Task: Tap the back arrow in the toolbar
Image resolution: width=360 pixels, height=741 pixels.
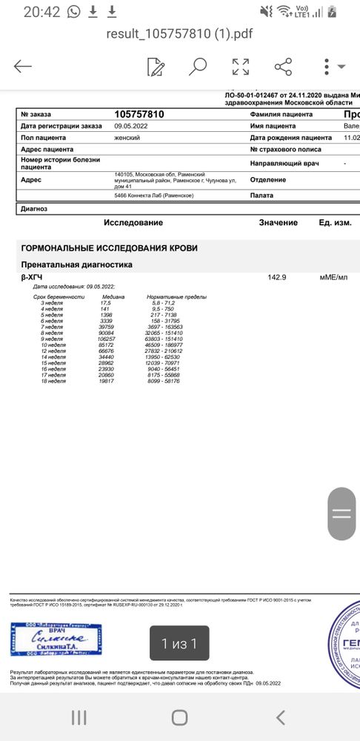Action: (x=23, y=67)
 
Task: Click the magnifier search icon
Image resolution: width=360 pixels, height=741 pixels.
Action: (x=198, y=67)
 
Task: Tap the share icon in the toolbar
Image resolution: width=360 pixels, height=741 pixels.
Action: (x=283, y=67)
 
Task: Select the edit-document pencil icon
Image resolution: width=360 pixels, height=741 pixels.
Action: (x=156, y=67)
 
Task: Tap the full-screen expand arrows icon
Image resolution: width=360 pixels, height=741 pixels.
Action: (x=241, y=67)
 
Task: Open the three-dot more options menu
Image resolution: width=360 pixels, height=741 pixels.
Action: (x=327, y=67)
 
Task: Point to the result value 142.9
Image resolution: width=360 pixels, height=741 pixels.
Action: (x=276, y=277)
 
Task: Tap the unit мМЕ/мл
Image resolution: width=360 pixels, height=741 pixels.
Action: (x=333, y=277)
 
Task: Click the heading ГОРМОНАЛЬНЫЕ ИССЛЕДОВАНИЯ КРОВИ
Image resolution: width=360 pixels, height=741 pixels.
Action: (x=109, y=248)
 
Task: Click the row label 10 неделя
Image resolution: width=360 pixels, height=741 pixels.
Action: (x=53, y=345)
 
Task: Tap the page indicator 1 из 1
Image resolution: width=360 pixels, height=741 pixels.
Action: (x=179, y=643)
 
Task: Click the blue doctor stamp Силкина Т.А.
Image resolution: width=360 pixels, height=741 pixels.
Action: (x=56, y=639)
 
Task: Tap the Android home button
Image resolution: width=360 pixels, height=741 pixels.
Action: (x=179, y=717)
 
